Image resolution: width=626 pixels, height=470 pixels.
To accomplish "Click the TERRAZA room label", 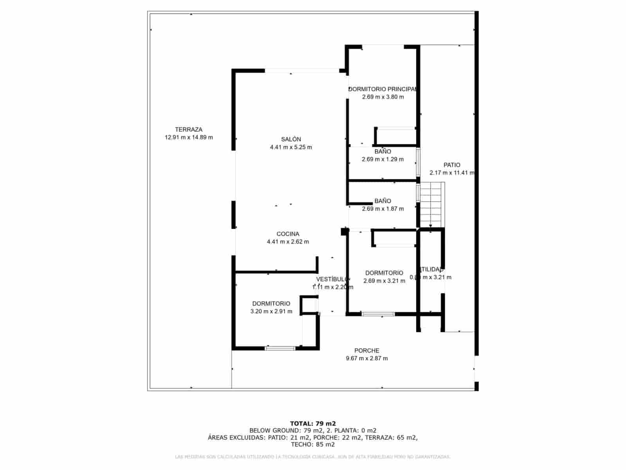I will (x=189, y=130).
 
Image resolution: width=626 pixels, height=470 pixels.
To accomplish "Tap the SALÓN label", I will (x=291, y=139).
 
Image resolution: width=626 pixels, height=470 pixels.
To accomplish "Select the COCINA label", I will (x=288, y=234).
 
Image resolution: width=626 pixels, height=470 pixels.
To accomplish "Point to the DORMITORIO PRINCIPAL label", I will (x=383, y=89).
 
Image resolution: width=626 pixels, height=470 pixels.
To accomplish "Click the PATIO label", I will (x=452, y=165).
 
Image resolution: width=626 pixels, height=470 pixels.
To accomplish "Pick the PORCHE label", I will (x=367, y=351).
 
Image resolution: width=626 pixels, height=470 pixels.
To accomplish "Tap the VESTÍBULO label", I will (x=332, y=279).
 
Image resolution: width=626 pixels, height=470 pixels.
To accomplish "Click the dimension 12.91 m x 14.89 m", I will (x=189, y=137).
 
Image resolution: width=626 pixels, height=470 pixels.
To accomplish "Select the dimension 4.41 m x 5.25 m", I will (x=291, y=147).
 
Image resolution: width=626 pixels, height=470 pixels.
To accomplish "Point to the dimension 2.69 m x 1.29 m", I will (x=383, y=159).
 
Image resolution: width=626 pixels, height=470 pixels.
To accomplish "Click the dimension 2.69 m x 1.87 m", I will (x=383, y=209).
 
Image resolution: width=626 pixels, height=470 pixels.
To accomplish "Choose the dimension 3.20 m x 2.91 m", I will (x=271, y=312).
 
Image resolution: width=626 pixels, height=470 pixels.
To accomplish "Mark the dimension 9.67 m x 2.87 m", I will (x=367, y=358).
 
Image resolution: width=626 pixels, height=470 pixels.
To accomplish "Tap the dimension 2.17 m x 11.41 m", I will (x=452, y=173).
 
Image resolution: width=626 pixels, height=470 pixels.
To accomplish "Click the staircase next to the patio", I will (x=432, y=204).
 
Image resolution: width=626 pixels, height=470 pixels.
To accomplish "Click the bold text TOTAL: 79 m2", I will (x=313, y=423).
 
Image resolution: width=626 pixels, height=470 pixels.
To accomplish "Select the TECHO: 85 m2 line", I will (x=313, y=445).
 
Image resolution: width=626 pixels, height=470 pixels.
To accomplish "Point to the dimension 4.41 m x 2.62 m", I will (x=288, y=242).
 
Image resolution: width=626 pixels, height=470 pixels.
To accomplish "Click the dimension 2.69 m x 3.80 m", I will (x=383, y=97).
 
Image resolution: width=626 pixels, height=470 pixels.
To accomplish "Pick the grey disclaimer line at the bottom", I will (x=313, y=457).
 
